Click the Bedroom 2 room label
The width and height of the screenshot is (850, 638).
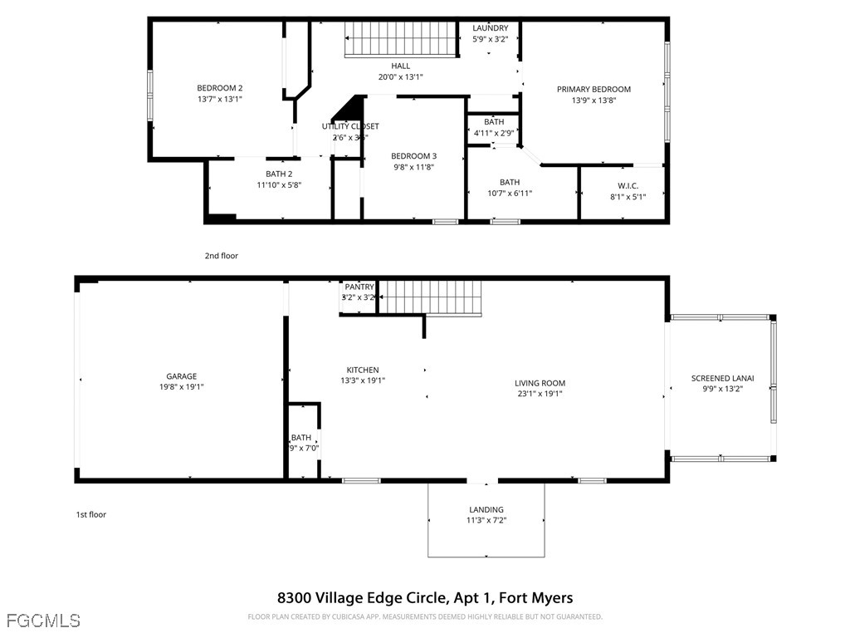click(x=219, y=88)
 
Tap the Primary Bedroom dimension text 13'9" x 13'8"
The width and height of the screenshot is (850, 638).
click(x=594, y=101)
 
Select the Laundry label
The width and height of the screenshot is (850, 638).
click(x=490, y=28)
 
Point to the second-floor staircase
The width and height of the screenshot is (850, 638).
click(x=402, y=39)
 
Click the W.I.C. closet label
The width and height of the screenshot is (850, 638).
click(x=627, y=185)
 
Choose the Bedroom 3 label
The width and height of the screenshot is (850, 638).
click(x=413, y=156)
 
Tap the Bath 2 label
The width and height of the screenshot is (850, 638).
click(x=278, y=174)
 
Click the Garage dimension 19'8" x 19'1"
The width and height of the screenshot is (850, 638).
click(x=181, y=386)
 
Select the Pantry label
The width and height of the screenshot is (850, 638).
click(x=359, y=287)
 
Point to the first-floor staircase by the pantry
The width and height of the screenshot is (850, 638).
click(x=432, y=297)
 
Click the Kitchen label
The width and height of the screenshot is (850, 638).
click(x=363, y=370)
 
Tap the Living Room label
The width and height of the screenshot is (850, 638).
click(x=540, y=383)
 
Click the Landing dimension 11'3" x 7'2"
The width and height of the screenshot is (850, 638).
click(x=486, y=521)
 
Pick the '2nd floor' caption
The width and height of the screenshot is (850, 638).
click(x=221, y=256)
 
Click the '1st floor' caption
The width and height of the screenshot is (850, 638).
click(x=90, y=514)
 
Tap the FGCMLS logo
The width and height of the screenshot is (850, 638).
click(x=43, y=621)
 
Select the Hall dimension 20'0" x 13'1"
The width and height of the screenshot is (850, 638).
click(x=401, y=77)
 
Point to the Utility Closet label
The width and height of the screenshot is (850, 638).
click(x=350, y=126)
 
